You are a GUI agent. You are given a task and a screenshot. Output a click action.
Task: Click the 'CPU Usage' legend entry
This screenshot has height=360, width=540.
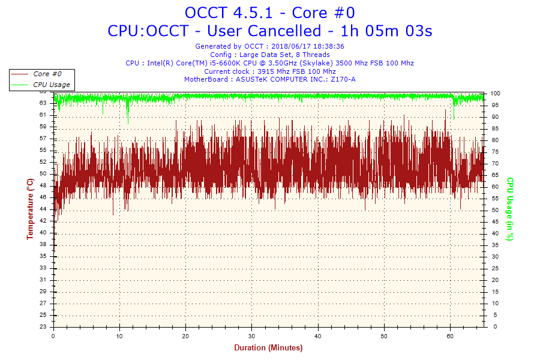click(50, 85)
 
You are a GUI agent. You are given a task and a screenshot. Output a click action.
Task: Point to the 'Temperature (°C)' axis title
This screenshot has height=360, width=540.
click(30, 209)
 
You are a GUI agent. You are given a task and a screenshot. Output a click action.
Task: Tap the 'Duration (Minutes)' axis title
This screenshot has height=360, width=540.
click(268, 348)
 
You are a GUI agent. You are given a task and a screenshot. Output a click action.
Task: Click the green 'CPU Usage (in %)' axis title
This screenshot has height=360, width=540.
click(509, 209)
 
